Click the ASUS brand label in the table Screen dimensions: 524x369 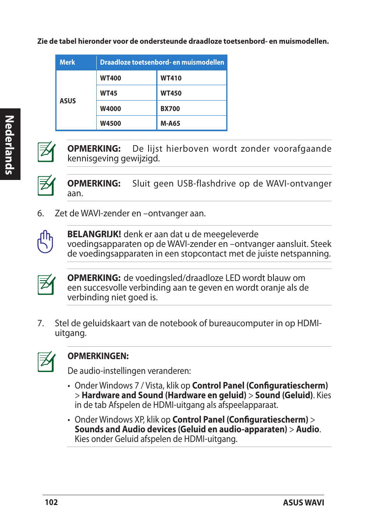pos(68,101)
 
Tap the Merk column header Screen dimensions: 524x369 pos(67,62)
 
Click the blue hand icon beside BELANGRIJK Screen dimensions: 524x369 pos(45,242)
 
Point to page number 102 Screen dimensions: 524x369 pos(51,502)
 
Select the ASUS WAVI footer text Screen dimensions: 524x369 pos(303,503)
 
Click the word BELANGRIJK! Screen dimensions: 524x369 pos(94,234)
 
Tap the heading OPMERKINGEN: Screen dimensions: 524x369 pos(98,356)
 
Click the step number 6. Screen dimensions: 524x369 pos(41,214)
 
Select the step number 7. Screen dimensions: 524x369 pos(41,324)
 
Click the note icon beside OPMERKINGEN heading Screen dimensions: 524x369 pos(46,362)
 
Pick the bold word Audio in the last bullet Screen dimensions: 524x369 pos(307,429)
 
